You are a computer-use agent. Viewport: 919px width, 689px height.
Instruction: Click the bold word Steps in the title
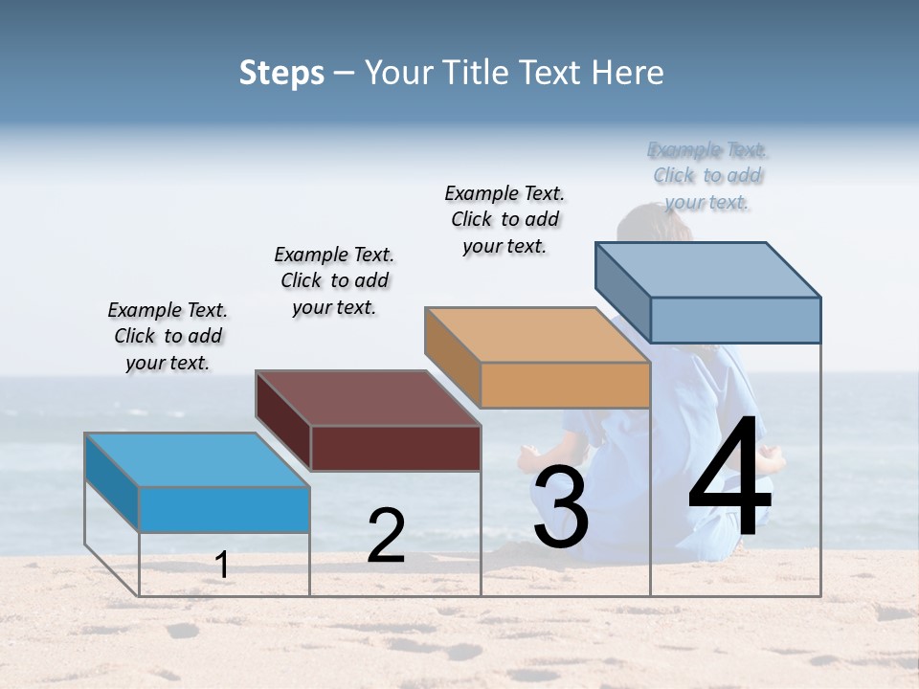(x=281, y=73)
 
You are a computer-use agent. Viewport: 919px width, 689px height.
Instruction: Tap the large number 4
(x=729, y=478)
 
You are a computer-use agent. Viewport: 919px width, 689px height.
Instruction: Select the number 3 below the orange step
(x=561, y=506)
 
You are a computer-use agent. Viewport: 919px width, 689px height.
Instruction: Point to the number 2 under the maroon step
(x=387, y=536)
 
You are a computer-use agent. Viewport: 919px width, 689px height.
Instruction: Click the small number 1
(x=222, y=565)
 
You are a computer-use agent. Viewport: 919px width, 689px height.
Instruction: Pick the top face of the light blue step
(x=196, y=459)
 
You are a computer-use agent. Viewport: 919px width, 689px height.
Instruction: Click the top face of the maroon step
(x=367, y=397)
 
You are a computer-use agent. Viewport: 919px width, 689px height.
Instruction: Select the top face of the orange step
(x=536, y=335)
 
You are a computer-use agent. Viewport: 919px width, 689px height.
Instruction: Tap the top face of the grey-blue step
(x=706, y=269)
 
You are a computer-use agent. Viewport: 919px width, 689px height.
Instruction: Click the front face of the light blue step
(x=225, y=509)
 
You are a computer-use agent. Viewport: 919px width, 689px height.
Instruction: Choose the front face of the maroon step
(x=395, y=448)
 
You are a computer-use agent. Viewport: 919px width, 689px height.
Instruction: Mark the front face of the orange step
(x=565, y=386)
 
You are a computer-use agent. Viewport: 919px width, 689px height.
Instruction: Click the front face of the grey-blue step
(x=735, y=320)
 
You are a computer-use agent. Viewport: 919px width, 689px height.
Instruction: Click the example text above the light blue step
(x=168, y=336)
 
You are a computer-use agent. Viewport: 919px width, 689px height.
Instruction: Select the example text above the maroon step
(x=334, y=280)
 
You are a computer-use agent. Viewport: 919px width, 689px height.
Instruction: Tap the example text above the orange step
(x=504, y=219)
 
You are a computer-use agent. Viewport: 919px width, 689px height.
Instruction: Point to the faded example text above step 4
(x=707, y=175)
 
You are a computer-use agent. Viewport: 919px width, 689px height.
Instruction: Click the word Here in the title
(x=627, y=73)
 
